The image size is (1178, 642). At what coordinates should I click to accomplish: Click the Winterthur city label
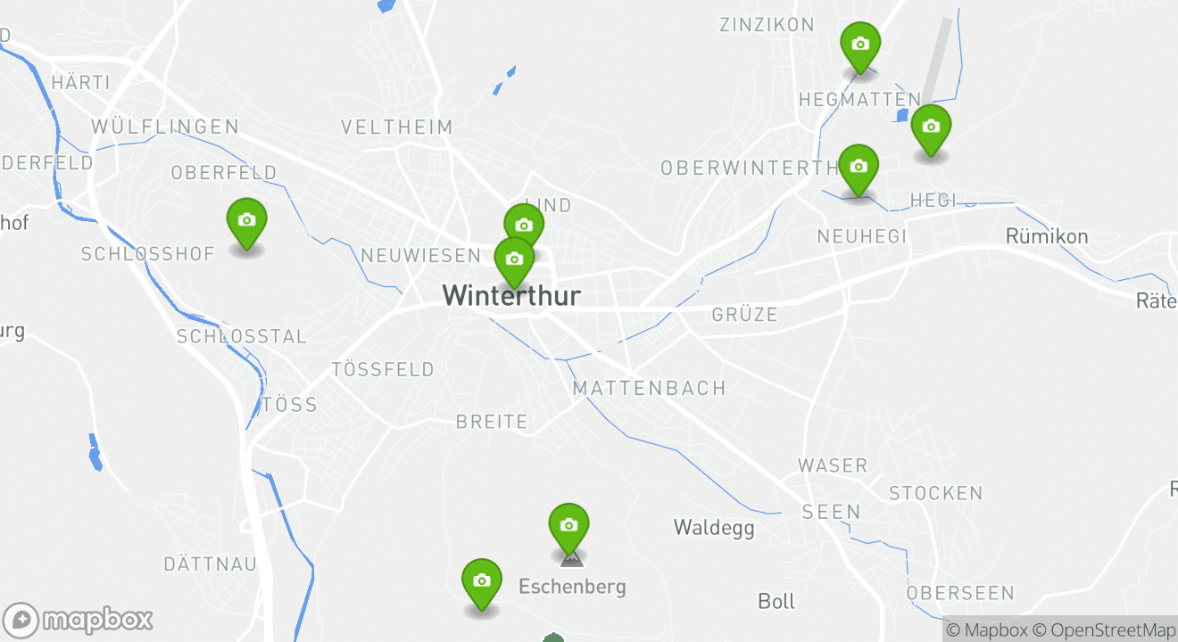[511, 295]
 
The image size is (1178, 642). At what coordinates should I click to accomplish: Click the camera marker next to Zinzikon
[860, 45]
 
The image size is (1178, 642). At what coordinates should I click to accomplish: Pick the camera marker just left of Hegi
[859, 169]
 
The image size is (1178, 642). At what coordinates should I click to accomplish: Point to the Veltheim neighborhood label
[397, 128]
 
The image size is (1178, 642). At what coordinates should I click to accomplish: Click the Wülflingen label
[165, 127]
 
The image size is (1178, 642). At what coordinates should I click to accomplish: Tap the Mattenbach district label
[649, 389]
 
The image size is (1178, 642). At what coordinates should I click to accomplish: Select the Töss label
[290, 405]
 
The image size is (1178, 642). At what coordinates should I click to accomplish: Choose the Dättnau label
[211, 564]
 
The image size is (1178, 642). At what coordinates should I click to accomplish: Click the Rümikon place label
[1047, 236]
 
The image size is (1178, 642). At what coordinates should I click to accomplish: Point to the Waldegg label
[714, 528]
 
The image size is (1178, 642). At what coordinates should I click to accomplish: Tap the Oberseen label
[960, 593]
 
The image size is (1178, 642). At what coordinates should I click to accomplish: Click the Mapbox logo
[78, 621]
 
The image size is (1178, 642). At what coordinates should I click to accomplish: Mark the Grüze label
[745, 315]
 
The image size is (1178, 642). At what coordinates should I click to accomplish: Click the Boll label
[776, 602]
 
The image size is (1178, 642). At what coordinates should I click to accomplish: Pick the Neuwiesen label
[420, 256]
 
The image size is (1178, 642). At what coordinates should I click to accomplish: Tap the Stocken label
[935, 493]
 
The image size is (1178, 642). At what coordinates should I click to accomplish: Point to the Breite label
[492, 422]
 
